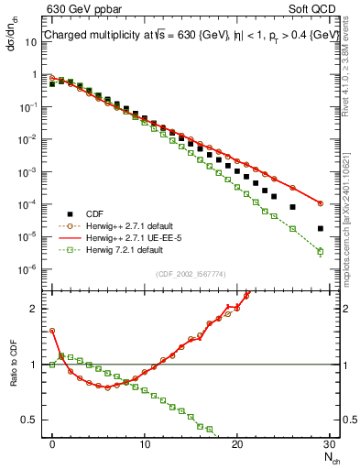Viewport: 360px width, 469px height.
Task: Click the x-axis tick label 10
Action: click(145, 443)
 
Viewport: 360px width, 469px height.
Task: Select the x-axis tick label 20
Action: click(237, 443)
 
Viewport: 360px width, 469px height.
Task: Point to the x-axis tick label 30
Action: click(329, 443)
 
